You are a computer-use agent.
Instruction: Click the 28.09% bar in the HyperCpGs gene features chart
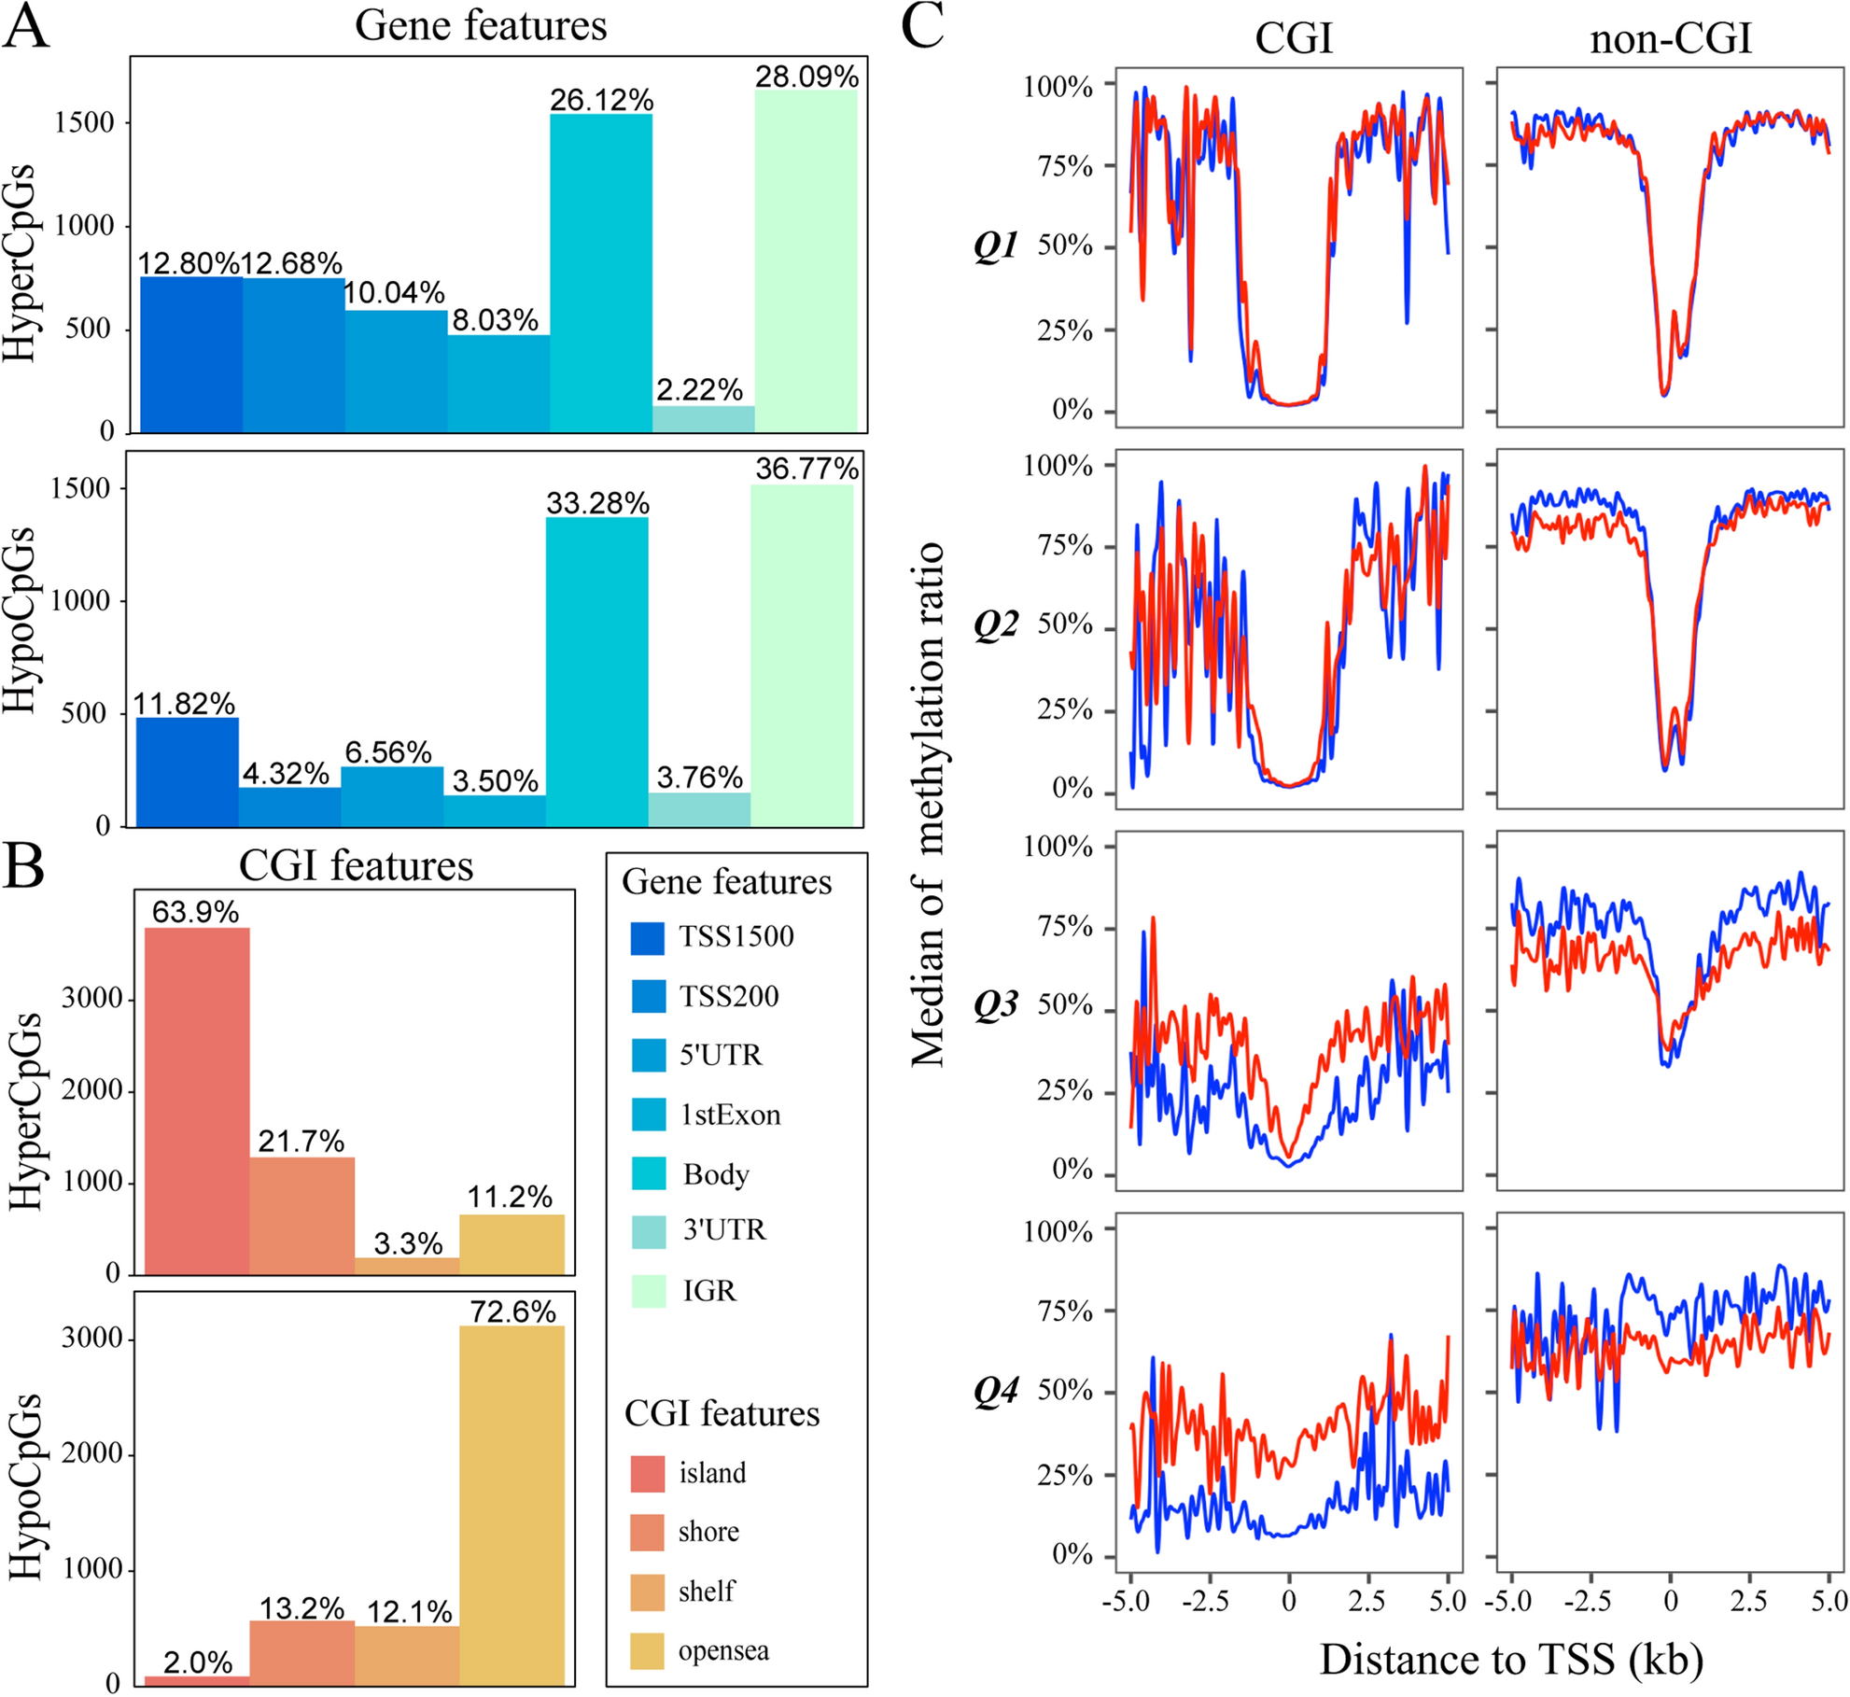[x=806, y=261]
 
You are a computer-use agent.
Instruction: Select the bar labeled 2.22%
[x=703, y=419]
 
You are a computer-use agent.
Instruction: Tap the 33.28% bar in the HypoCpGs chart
[x=596, y=672]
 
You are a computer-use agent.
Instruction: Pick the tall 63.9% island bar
[x=197, y=1101]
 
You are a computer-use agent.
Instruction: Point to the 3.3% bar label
[x=408, y=1244]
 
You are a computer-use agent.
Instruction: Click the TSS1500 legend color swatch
[x=648, y=938]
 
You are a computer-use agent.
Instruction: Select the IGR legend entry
[x=708, y=1291]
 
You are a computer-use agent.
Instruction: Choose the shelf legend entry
[x=706, y=1591]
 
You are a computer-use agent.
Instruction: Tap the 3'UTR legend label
[x=723, y=1230]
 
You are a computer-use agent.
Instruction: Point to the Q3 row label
[x=995, y=1006]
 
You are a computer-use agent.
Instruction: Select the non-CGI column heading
[x=1670, y=39]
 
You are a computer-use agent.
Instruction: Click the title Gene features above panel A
[x=481, y=25]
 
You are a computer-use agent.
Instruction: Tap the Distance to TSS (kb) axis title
[x=1511, y=1659]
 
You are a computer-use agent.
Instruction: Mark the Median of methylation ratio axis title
[x=928, y=804]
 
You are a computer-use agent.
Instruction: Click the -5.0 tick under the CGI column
[x=1130, y=1602]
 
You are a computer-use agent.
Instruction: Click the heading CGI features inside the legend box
[x=722, y=1413]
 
